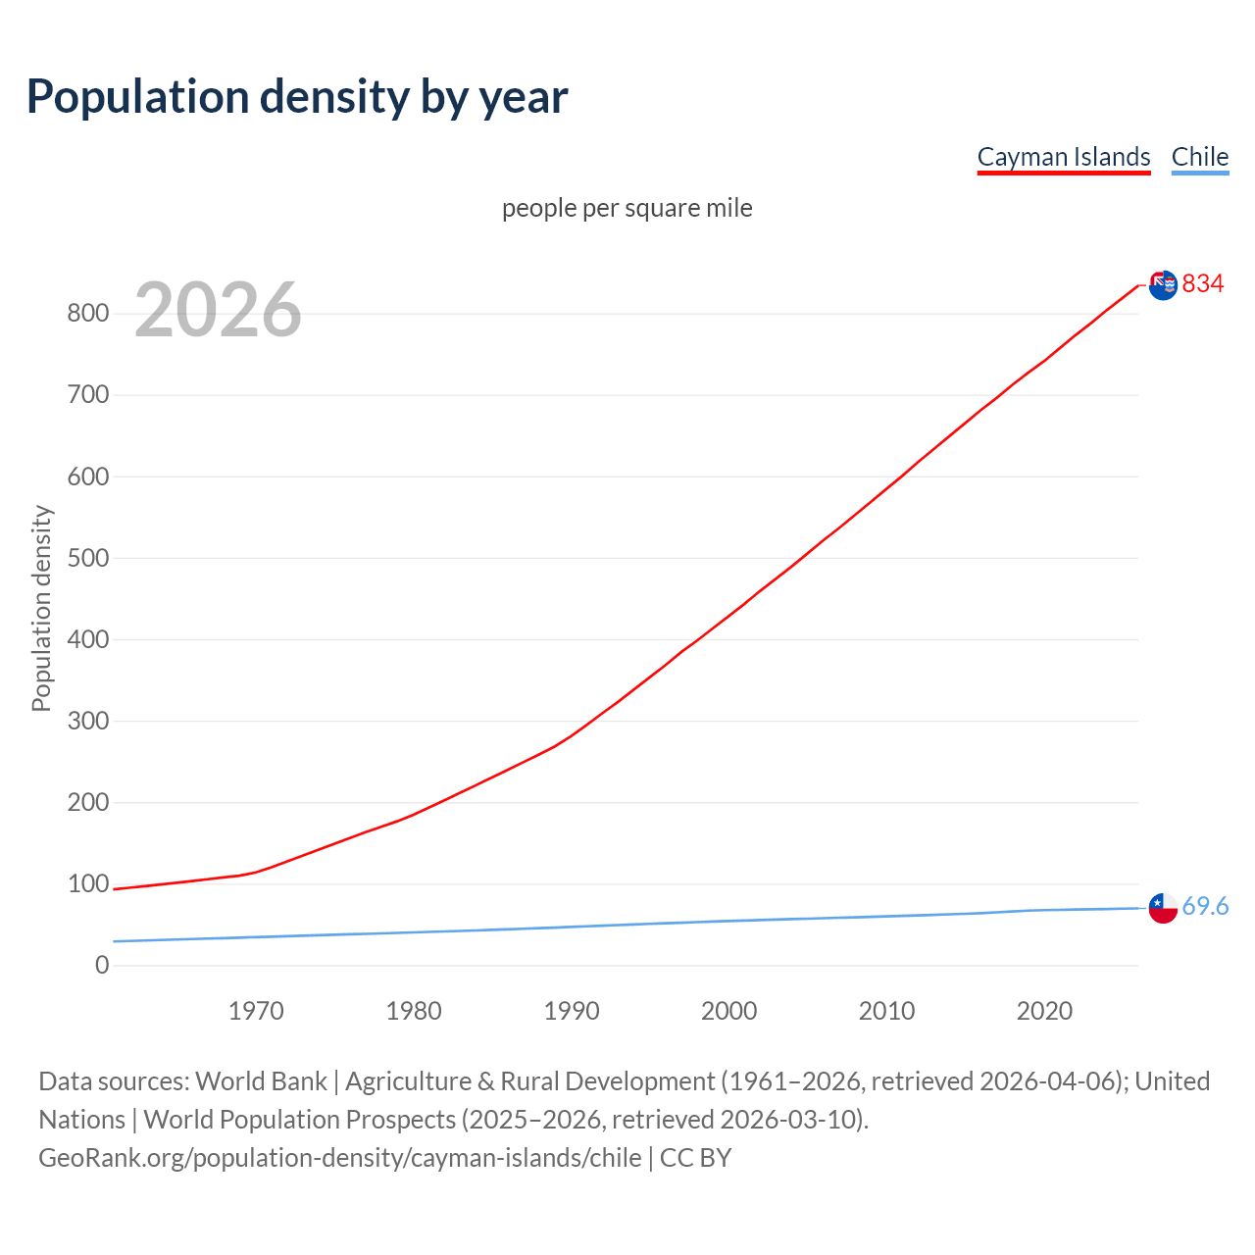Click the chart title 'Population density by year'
coord(297,97)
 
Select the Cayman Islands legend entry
coord(1064,157)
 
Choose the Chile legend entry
coord(1199,157)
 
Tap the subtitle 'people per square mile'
coord(627,208)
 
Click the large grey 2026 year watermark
coord(218,310)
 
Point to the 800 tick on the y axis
coord(87,314)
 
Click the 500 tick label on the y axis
coord(87,558)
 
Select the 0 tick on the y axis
coord(102,965)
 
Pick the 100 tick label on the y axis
coord(87,883)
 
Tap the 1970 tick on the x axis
coord(256,1011)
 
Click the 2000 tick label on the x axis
coord(728,1011)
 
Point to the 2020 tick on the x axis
coord(1044,1011)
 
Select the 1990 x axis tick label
coord(572,1011)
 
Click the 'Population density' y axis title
coord(41,608)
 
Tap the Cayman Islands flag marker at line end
coord(1163,285)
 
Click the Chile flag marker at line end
coord(1163,908)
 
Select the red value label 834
coord(1203,284)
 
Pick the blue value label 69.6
coord(1205,907)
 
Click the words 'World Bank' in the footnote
coord(261,1081)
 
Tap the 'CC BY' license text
coord(695,1158)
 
